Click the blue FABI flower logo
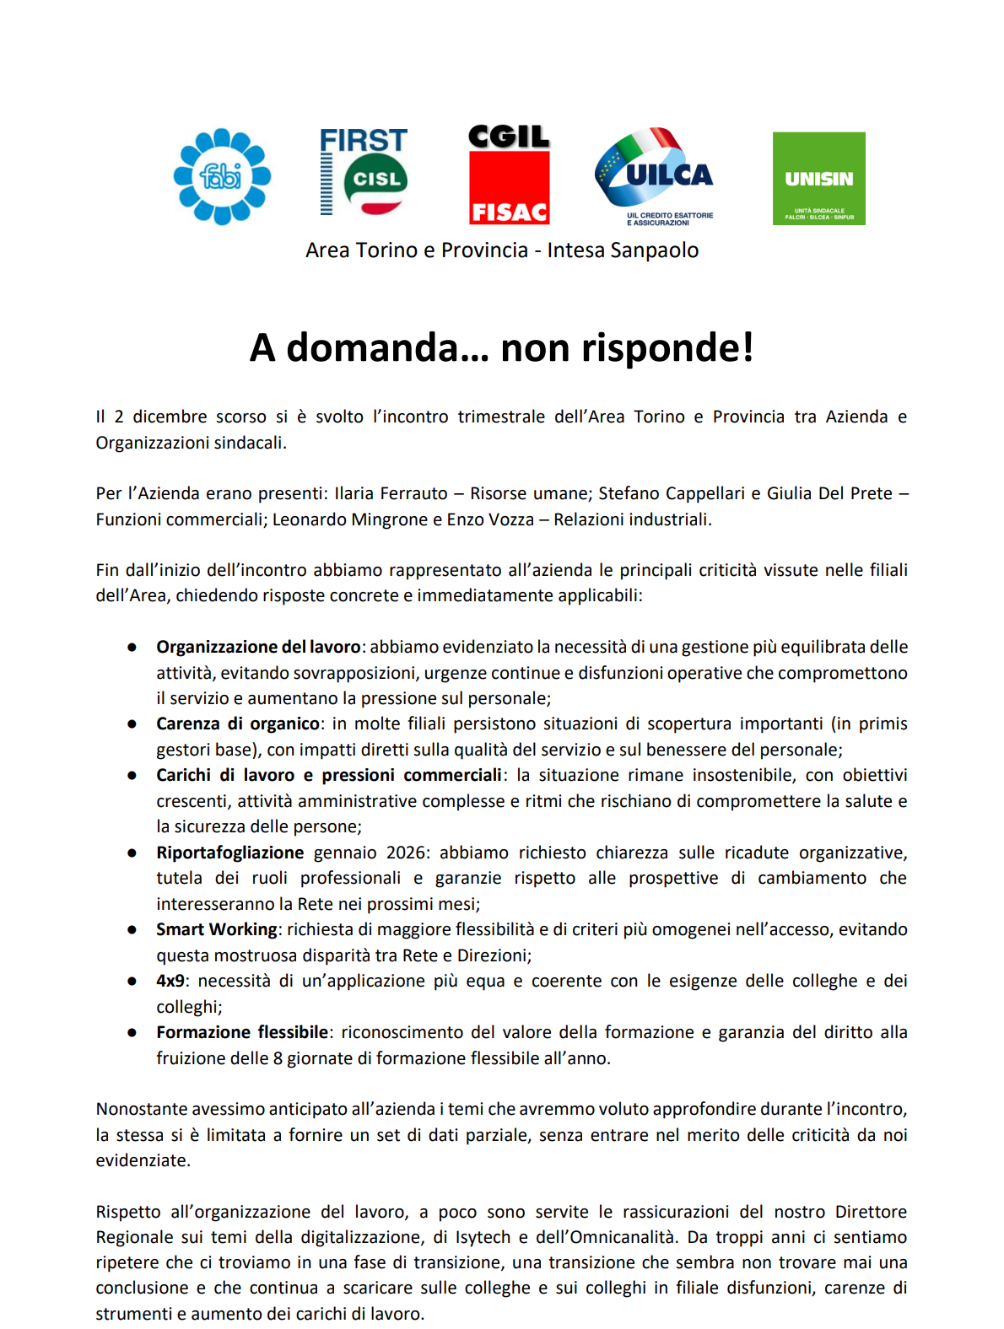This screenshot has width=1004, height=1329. (x=222, y=176)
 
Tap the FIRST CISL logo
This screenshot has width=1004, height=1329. (x=364, y=172)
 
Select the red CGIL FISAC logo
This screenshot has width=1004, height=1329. (x=509, y=175)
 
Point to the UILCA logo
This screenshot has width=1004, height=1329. (x=655, y=175)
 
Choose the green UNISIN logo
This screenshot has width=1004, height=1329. (x=818, y=178)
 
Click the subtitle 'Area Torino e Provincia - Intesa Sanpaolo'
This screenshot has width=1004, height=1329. (x=502, y=250)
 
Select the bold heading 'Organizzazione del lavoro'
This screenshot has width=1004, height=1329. (x=258, y=647)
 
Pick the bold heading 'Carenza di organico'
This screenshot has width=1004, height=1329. (x=238, y=724)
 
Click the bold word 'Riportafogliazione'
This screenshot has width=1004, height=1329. (x=229, y=853)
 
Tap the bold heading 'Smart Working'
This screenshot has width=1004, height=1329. (x=216, y=929)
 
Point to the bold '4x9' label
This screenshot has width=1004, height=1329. (x=170, y=981)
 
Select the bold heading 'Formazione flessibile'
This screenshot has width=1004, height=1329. (x=242, y=1032)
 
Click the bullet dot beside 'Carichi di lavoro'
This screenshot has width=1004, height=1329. (x=132, y=776)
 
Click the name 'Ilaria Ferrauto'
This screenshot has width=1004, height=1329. (x=391, y=493)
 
